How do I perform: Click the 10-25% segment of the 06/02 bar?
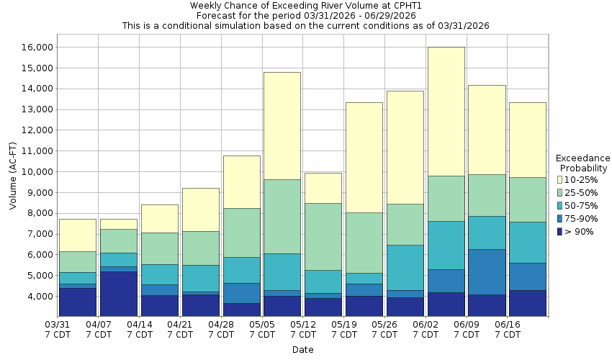coord(446,112)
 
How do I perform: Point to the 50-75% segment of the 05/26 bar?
coord(405,267)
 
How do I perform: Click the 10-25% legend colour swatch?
coord(559,179)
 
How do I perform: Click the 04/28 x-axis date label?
coord(221,330)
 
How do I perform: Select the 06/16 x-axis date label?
coord(508,330)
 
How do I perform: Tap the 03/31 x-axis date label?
coord(58,330)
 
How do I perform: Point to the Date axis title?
coord(302,350)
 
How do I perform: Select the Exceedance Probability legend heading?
coord(583,163)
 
